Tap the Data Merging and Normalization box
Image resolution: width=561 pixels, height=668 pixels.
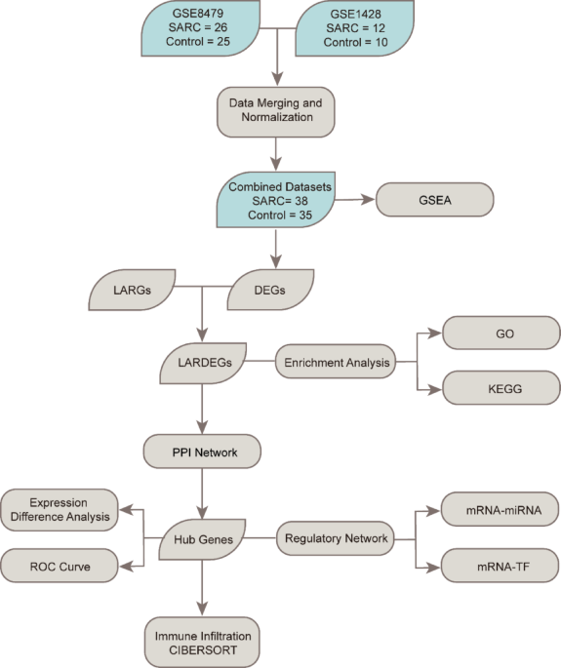tap(275, 111)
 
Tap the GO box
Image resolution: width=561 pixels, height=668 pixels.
tap(501, 334)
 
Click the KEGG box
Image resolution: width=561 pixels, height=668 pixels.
tap(501, 388)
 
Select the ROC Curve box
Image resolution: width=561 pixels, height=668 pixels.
tap(60, 565)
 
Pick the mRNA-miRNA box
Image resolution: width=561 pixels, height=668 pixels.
tap(501, 509)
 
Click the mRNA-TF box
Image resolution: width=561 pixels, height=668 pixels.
tap(501, 565)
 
